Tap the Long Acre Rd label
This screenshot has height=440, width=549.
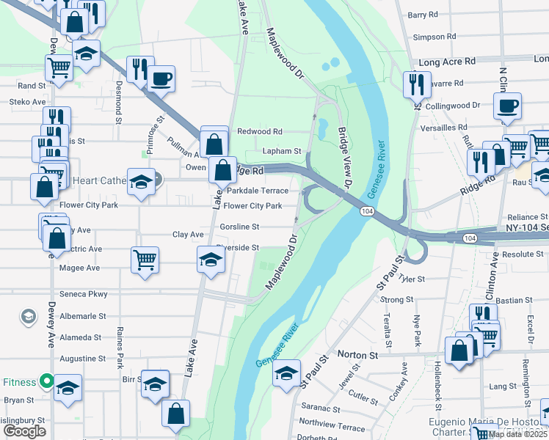(448, 62)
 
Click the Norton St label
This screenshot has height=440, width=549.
(357, 354)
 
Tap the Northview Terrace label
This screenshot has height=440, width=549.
(332, 425)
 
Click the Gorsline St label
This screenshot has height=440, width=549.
(239, 227)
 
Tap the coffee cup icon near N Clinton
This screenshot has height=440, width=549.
(506, 106)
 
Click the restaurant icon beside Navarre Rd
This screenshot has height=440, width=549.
(416, 83)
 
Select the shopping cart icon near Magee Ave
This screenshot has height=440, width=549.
(145, 258)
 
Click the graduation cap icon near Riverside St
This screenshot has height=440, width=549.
(211, 259)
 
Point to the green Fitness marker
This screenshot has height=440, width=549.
(46, 381)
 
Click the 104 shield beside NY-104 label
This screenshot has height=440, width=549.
(470, 238)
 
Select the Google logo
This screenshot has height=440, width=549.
(24, 431)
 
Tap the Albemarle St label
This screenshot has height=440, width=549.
(81, 316)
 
